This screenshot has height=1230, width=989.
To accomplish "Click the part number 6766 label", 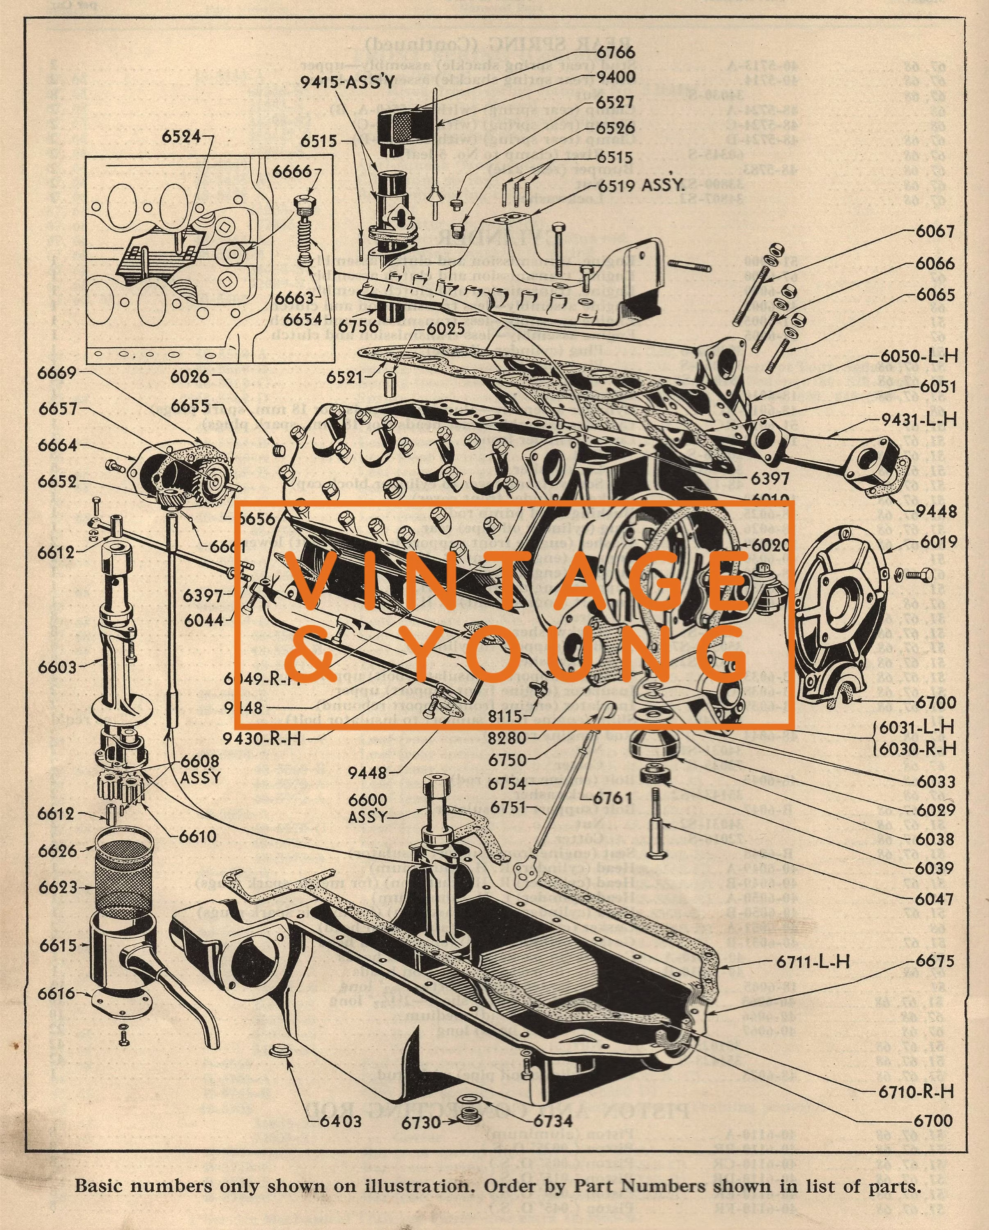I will pyautogui.click(x=616, y=52).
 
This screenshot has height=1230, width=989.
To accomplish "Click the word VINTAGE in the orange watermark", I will pyautogui.click(x=513, y=582).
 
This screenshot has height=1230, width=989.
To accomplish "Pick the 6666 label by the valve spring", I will pyautogui.click(x=291, y=171).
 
